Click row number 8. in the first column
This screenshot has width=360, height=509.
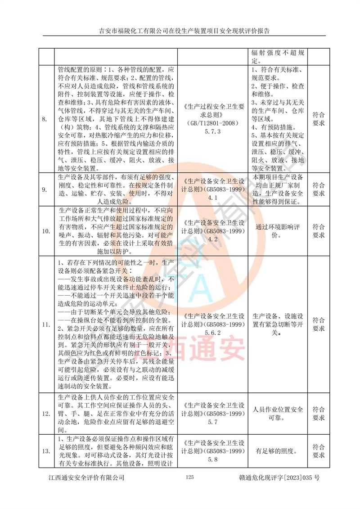pyautogui.click(x=44, y=119)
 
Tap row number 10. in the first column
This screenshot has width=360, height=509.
pyautogui.click(x=46, y=231)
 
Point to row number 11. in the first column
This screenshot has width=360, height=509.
pyautogui.click(x=46, y=324)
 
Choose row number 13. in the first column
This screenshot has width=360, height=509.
pyautogui.click(x=46, y=451)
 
